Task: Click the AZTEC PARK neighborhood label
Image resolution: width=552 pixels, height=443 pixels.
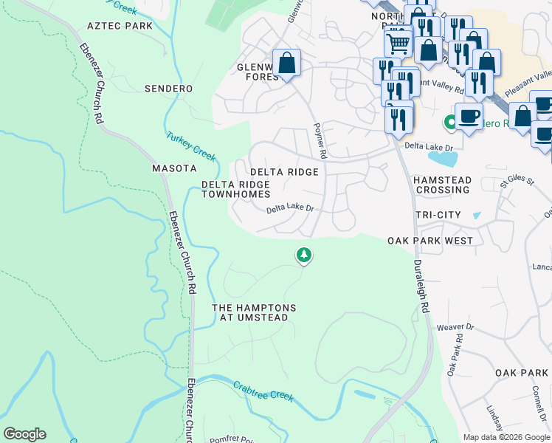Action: (120, 26)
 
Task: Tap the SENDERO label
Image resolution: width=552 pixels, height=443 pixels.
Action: (168, 89)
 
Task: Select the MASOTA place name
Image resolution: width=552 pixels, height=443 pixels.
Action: (174, 168)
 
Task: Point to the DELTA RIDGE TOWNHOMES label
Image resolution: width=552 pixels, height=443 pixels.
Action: (236, 189)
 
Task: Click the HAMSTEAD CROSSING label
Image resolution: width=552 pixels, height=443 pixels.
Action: (441, 185)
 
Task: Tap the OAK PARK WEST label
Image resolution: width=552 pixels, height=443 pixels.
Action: (430, 241)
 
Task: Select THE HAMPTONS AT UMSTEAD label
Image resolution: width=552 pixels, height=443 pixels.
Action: (254, 312)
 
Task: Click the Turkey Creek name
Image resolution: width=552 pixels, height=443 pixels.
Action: (190, 146)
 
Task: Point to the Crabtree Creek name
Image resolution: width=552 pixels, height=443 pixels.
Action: (263, 391)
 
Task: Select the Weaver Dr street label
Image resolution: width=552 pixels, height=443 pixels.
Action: (455, 326)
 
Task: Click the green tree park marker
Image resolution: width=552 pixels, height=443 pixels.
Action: (303, 255)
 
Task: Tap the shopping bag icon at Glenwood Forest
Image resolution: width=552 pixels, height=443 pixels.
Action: (286, 63)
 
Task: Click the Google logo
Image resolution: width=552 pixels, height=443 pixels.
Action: (24, 434)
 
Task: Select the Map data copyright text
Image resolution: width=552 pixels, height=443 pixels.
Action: (506, 437)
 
